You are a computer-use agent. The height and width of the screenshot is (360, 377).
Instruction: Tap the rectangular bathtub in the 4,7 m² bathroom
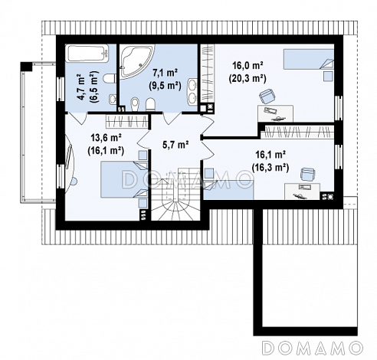click(87, 53)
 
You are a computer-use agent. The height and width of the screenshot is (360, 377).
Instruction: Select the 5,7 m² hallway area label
click(175, 146)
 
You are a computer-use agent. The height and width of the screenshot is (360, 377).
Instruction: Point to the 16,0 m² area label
click(248, 66)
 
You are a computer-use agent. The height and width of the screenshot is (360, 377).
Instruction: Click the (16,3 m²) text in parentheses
click(270, 168)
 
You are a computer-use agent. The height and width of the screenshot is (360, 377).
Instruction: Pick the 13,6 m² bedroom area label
click(106, 139)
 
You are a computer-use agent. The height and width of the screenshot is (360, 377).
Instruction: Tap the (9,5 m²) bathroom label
click(165, 86)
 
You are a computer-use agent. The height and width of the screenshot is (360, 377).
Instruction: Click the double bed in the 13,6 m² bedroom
click(124, 179)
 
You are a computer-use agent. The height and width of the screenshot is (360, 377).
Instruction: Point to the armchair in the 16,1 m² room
click(307, 175)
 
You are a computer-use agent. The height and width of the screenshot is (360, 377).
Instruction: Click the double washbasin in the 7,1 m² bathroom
click(192, 92)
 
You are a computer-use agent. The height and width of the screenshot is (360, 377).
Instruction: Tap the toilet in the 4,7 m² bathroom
click(110, 78)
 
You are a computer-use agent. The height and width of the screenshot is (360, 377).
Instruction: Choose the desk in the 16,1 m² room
click(302, 191)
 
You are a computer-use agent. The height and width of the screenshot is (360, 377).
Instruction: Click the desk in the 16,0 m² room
click(275, 113)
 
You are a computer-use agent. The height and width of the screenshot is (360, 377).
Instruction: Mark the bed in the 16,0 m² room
click(309, 59)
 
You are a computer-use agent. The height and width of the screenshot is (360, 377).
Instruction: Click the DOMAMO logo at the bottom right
click(313, 348)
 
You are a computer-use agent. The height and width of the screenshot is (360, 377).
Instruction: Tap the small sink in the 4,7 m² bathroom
click(113, 100)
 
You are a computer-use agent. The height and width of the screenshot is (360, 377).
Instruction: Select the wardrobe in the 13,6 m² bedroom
click(127, 121)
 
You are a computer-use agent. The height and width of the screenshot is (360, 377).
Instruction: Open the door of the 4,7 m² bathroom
click(77, 118)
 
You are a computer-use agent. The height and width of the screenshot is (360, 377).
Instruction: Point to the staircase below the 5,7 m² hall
click(175, 194)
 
